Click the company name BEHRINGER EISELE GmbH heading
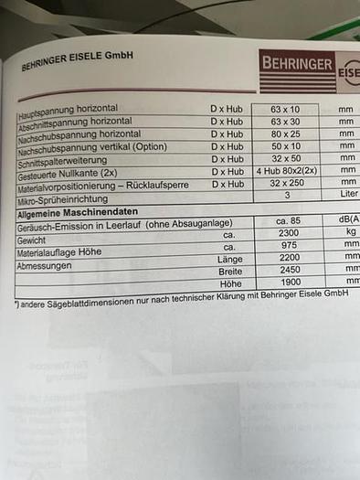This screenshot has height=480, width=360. pos(78,60)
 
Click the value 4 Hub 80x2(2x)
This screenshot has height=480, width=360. pos(286,171)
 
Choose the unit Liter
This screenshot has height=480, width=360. pos(347,195)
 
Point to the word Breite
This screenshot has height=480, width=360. pos(230,272)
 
